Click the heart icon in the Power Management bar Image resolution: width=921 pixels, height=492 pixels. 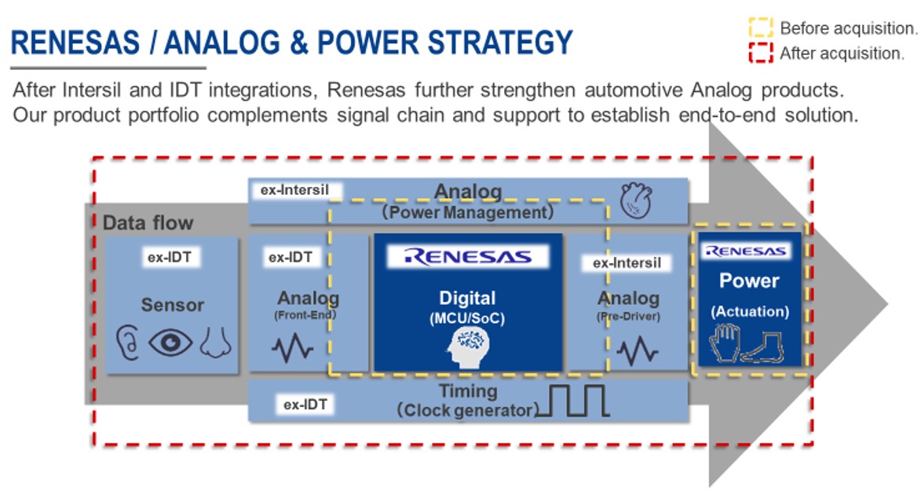coord(636,200)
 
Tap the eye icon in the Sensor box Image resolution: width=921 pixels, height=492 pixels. coord(170,342)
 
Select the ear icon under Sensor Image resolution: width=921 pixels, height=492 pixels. coord(127,343)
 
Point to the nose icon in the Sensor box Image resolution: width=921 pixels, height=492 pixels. coord(216,343)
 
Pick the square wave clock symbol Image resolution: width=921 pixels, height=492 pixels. coord(572,401)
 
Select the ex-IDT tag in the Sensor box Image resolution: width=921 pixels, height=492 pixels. coord(170,258)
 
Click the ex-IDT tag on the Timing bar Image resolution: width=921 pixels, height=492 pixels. coord(305,405)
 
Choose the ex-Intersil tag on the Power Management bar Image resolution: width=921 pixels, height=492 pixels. coord(294,190)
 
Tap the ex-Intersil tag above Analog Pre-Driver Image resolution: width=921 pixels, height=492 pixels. coord(627,263)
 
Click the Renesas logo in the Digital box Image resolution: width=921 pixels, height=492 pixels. coord(467,257)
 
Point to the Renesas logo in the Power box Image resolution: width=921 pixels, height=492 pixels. coord(746,251)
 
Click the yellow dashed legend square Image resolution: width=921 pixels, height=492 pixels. coord(761,28)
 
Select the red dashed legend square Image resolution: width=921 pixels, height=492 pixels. coord(761,53)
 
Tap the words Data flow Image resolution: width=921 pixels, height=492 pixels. coord(148,222)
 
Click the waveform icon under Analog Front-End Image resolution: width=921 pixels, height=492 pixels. coord(292,348)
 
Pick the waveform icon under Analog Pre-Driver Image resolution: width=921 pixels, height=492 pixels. coord(638,351)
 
